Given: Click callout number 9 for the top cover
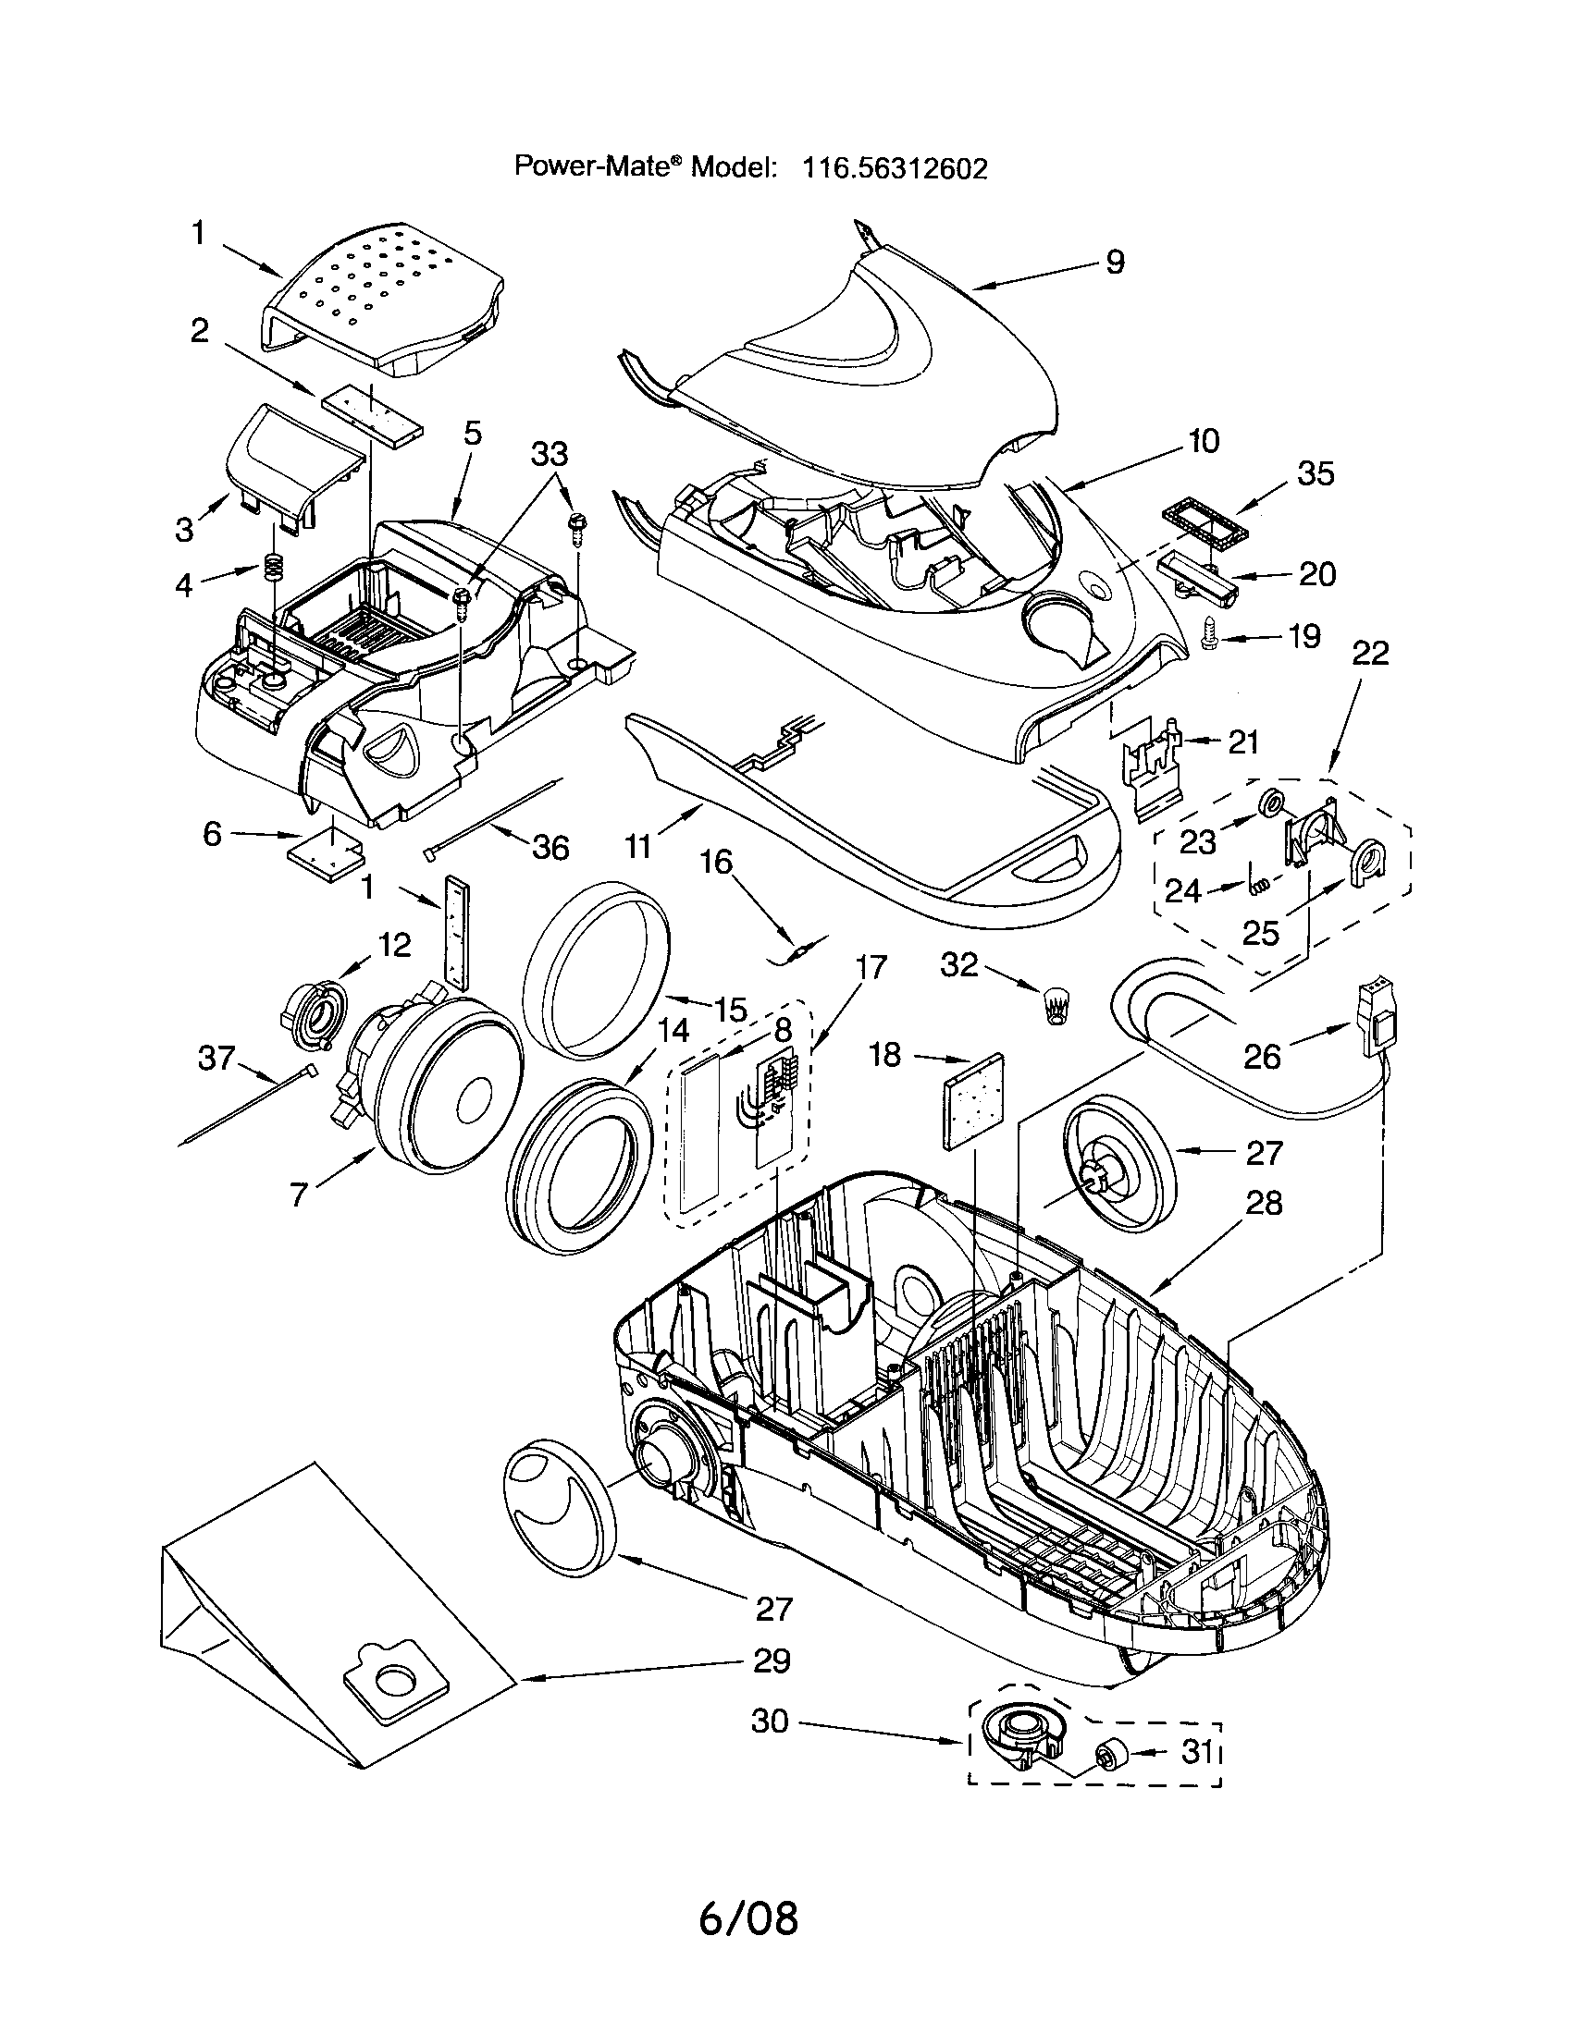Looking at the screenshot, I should point(1115,262).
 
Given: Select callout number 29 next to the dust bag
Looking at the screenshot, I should point(772,1660).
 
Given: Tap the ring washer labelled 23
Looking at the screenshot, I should point(1269,802).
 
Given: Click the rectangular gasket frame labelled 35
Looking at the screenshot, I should point(1202,531).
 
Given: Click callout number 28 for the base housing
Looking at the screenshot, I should point(1264,1203).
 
